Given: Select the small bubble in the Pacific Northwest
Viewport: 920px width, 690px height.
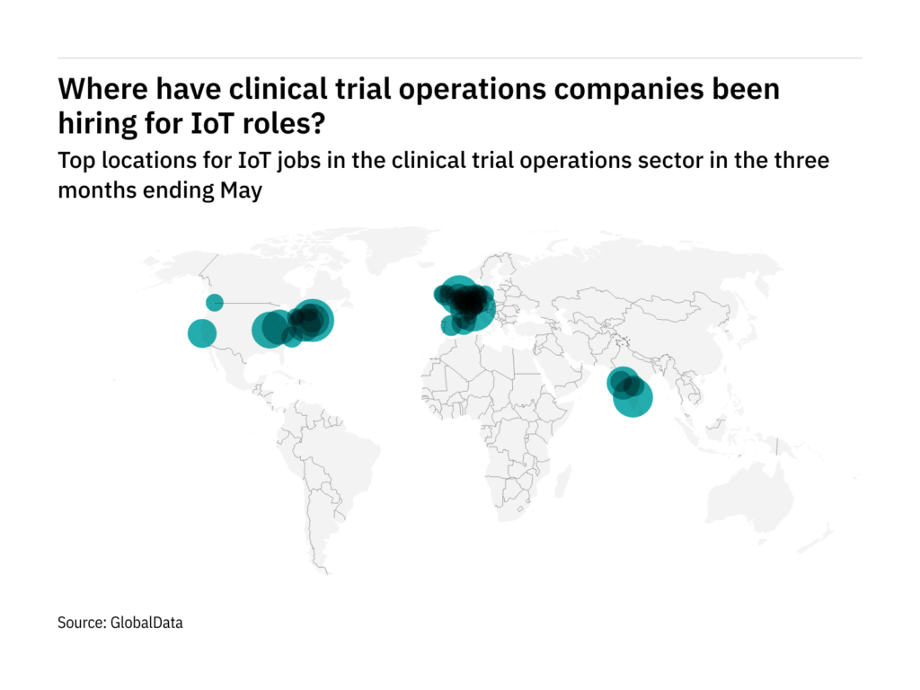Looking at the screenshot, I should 215,303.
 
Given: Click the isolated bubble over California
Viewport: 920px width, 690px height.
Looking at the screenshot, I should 202,333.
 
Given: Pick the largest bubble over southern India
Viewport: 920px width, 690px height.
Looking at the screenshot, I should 632,398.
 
